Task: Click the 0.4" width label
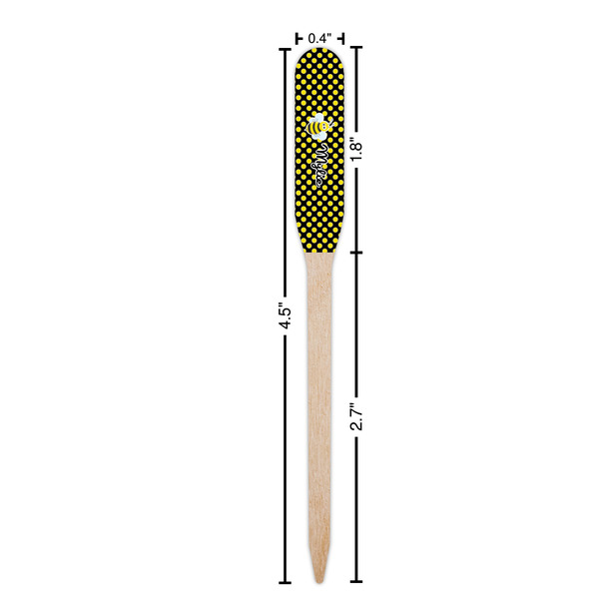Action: (x=319, y=38)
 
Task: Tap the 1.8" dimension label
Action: (x=357, y=150)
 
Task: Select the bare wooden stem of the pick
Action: (x=319, y=399)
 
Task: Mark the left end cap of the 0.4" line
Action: (x=297, y=38)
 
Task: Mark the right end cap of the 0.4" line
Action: (x=343, y=38)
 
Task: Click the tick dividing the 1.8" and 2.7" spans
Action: (x=357, y=252)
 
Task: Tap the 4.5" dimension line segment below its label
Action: (x=283, y=449)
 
